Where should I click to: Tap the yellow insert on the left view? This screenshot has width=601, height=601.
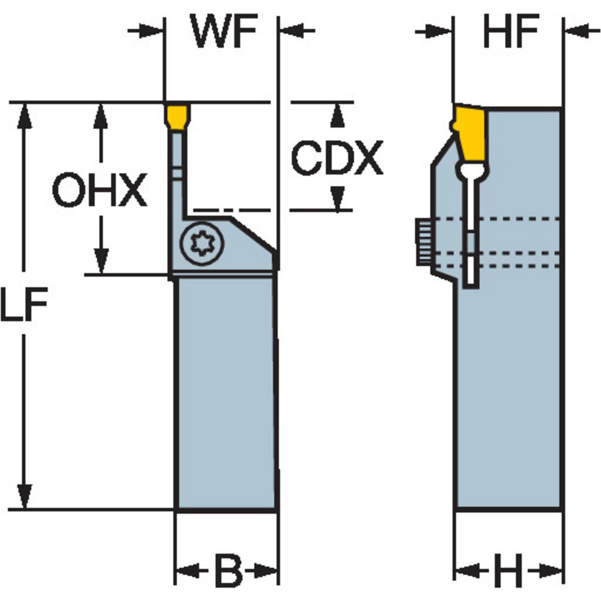coord(176,116)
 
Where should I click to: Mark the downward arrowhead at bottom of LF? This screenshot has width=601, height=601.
coord(25,498)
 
